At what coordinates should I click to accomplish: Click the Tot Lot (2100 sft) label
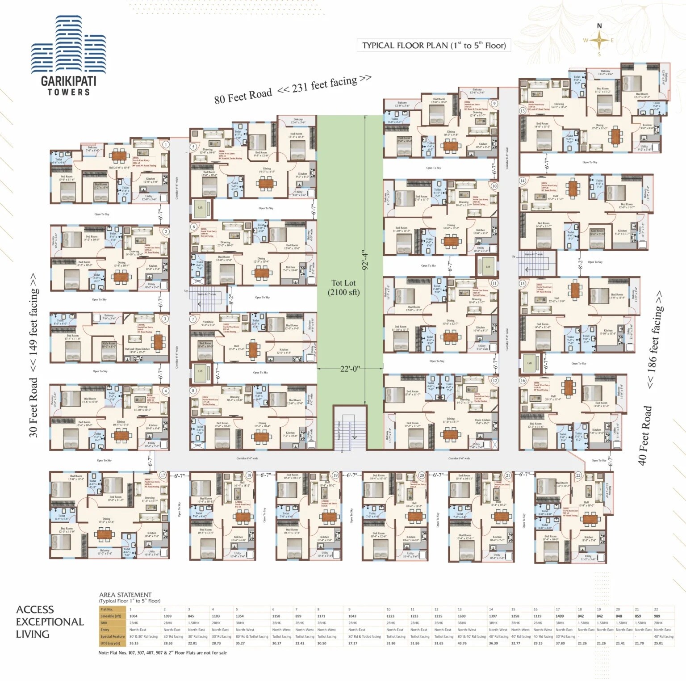pyautogui.click(x=343, y=287)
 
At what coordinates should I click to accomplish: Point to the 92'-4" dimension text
pyautogui.click(x=366, y=260)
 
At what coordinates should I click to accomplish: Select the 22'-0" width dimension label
pyautogui.click(x=350, y=369)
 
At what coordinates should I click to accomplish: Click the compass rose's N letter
pyautogui.click(x=599, y=26)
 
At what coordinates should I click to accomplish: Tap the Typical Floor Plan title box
pyautogui.click(x=434, y=45)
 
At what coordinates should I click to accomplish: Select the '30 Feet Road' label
pyautogui.click(x=33, y=407)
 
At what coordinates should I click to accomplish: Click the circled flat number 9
pyautogui.click(x=494, y=103)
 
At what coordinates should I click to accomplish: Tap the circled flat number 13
pyautogui.click(x=522, y=111)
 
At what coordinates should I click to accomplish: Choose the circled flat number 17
pyautogui.click(x=163, y=475)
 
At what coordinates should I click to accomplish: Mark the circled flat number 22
pyautogui.click(x=578, y=475)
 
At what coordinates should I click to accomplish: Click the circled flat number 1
pyautogui.click(x=166, y=144)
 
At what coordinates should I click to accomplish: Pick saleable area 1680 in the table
pyautogui.click(x=462, y=616)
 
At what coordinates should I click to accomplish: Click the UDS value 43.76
pyautogui.click(x=462, y=643)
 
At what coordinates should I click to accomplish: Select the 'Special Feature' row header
pyautogui.click(x=113, y=636)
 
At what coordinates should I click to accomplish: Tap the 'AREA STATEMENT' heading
pyautogui.click(x=125, y=595)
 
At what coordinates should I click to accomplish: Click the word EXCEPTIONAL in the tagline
pyautogui.click(x=50, y=622)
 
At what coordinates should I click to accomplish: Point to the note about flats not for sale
pyautogui.click(x=163, y=653)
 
